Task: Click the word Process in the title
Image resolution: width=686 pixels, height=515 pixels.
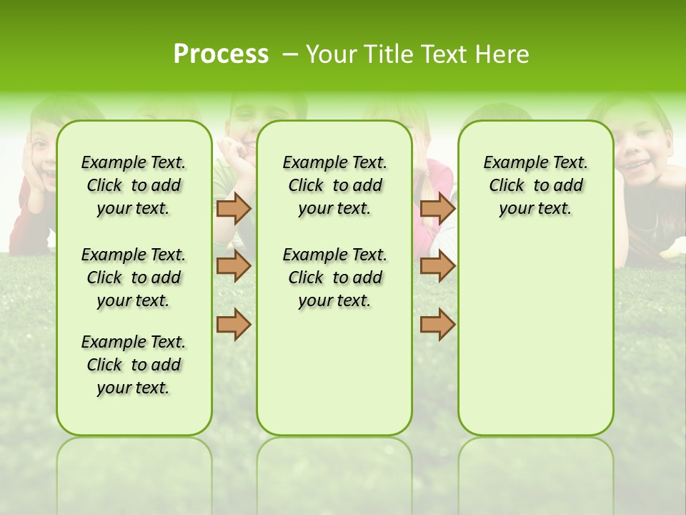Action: [x=221, y=54]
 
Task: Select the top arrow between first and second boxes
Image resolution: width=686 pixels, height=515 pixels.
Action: [x=234, y=208]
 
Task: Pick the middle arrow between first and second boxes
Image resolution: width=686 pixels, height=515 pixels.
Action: [x=234, y=266]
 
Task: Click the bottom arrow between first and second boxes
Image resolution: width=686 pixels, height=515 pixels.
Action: [x=234, y=325]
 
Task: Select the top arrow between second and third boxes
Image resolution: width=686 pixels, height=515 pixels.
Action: [x=437, y=208]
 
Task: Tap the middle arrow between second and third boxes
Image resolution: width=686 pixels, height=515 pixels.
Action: [x=437, y=266]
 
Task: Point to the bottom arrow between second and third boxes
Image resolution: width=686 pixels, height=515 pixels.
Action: [x=437, y=325]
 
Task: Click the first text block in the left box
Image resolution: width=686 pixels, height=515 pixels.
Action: [x=134, y=185]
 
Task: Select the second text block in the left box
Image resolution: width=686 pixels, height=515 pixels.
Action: [x=134, y=278]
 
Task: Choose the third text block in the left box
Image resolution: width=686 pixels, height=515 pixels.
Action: [x=134, y=365]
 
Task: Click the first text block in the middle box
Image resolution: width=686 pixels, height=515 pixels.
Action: [x=334, y=185]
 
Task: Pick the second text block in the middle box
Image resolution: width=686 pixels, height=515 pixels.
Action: [x=334, y=278]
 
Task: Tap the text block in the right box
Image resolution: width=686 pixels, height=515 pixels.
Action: [x=535, y=185]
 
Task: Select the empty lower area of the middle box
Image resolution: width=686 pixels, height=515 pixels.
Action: [x=334, y=372]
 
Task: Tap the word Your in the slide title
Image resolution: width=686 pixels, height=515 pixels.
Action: [x=332, y=54]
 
